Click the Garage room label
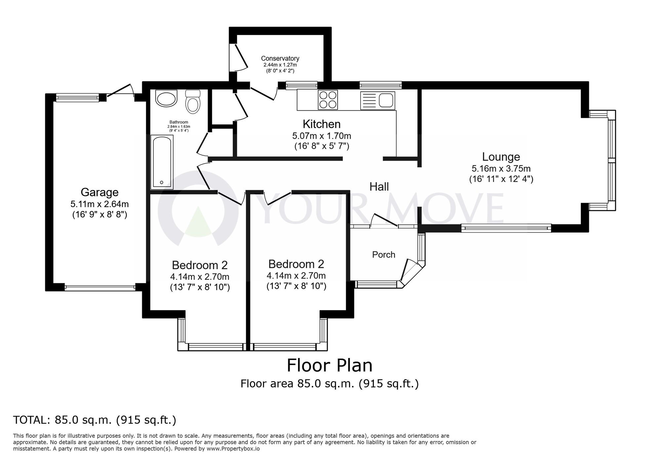click(x=99, y=192)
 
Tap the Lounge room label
click(x=501, y=157)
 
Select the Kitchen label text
click(x=322, y=124)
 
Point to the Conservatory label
click(x=280, y=58)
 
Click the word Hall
click(x=379, y=187)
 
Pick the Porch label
click(x=384, y=255)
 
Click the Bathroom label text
click(x=179, y=122)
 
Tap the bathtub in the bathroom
click(x=162, y=162)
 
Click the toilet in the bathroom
click(x=193, y=101)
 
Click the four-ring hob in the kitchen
click(x=328, y=100)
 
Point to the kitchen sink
click(x=387, y=100)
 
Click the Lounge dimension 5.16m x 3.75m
click(x=501, y=168)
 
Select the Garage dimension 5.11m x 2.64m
click(x=99, y=204)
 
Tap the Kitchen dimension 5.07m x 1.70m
click(x=322, y=136)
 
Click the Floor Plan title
click(x=330, y=365)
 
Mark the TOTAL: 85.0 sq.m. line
click(x=95, y=420)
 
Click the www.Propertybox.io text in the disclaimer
click(x=233, y=449)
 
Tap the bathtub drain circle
click(x=162, y=182)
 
